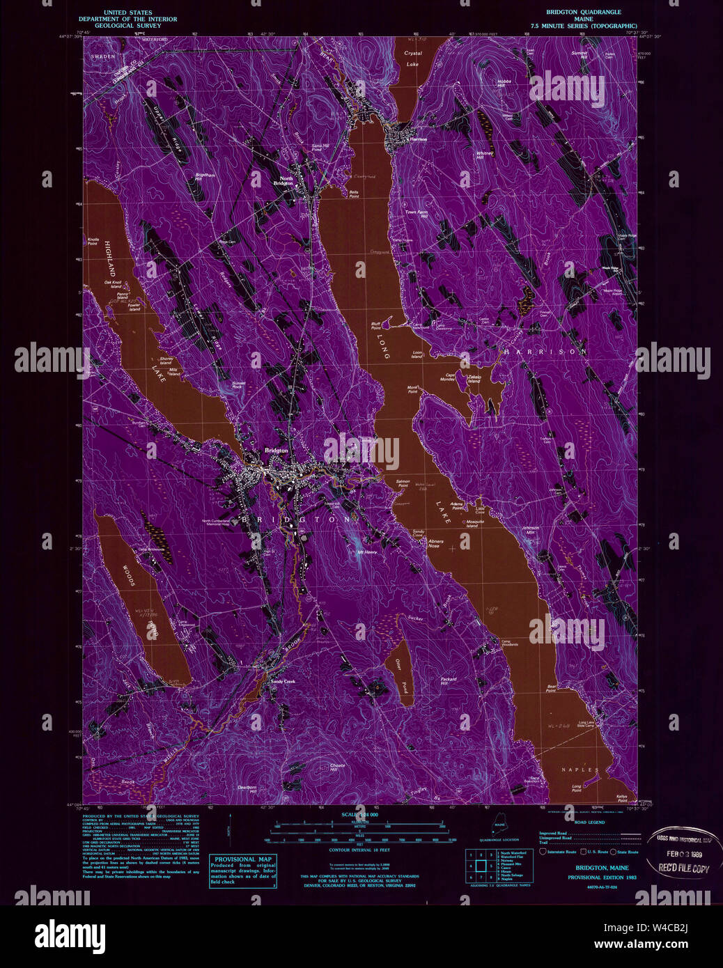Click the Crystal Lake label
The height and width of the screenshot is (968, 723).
[414, 58]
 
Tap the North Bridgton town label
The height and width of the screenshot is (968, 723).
[286, 180]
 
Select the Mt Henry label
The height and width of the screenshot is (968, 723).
[367, 552]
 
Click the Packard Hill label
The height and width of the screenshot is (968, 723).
[448, 681]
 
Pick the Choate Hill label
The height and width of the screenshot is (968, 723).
[337, 767]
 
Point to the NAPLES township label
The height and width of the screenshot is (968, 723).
[580, 770]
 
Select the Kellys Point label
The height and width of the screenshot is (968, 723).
[622, 798]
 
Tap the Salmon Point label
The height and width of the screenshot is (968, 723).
[403, 483]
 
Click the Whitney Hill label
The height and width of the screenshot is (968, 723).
[484, 155]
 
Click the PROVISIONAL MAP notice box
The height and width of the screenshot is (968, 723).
[243, 871]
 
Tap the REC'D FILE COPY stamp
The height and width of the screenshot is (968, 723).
[683, 868]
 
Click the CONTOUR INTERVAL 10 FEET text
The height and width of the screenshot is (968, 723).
[359, 850]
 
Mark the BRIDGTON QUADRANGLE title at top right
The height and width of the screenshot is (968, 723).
[584, 12]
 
